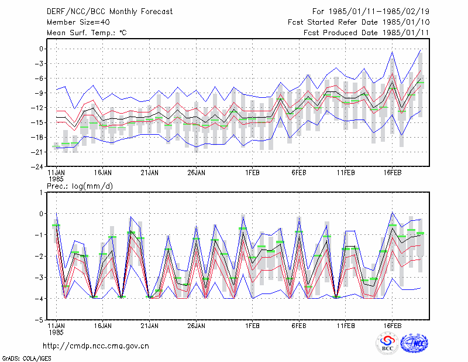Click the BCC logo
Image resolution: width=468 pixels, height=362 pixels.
(x=387, y=343)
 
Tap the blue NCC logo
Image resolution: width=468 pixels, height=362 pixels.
(x=414, y=343)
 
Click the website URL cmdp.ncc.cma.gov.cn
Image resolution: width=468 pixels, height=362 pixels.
(x=96, y=346)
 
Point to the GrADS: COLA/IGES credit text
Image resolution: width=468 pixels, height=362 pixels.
(x=27, y=358)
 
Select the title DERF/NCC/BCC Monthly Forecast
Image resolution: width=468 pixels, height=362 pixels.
(x=109, y=12)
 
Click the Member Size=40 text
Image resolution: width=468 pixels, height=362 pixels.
(x=78, y=22)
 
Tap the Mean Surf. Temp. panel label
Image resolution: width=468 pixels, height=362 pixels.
(x=87, y=33)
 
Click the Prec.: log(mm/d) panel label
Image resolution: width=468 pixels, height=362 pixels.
(x=80, y=186)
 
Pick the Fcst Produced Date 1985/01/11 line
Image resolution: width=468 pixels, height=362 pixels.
(x=367, y=33)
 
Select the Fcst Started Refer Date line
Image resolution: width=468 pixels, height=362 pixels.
(x=359, y=22)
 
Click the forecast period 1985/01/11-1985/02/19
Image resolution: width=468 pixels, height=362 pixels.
(x=378, y=12)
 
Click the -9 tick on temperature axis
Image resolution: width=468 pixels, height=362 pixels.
(x=40, y=93)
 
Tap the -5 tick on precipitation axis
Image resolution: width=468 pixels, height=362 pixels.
(x=40, y=320)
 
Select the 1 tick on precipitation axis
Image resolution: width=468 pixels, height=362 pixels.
(x=41, y=193)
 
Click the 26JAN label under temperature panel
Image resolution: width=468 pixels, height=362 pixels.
(x=196, y=173)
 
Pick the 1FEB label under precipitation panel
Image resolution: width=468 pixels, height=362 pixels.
(x=252, y=326)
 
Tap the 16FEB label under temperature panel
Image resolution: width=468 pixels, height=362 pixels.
(x=392, y=173)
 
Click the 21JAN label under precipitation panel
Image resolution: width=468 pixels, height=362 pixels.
(x=150, y=326)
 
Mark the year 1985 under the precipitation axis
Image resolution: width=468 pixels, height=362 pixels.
(x=56, y=332)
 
